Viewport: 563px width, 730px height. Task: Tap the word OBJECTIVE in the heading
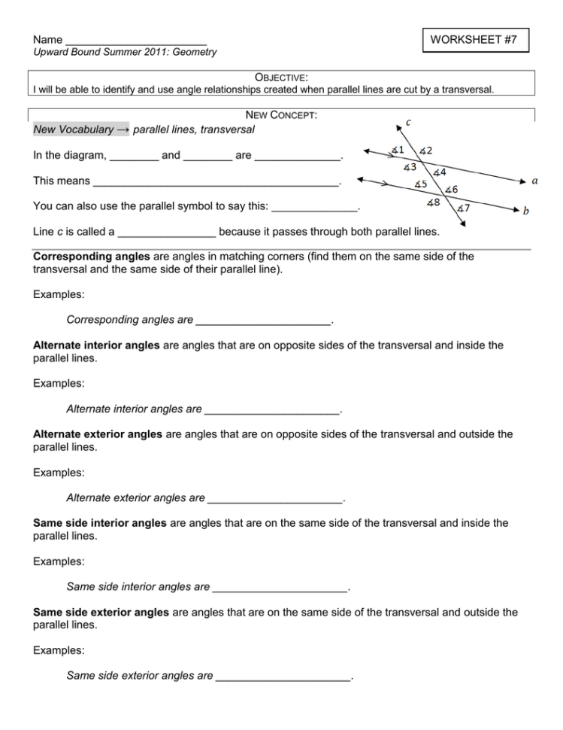281,77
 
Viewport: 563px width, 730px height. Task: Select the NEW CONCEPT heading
281,114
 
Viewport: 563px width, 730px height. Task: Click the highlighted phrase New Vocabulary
74,130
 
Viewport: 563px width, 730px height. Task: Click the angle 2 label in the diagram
425,151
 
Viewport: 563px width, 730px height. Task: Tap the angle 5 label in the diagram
421,184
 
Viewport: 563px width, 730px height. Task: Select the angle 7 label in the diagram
464,208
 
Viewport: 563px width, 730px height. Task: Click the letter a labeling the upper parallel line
534,181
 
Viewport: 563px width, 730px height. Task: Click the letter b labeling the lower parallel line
525,211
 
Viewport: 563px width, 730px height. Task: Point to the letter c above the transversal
408,120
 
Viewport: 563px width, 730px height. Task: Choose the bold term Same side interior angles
100,523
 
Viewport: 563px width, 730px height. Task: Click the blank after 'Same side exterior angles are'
283,677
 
